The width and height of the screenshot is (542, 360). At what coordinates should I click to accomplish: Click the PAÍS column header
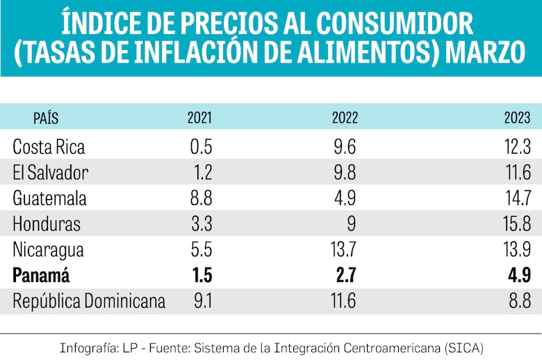[x=46, y=117]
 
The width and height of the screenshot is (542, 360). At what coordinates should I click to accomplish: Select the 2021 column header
[x=199, y=117]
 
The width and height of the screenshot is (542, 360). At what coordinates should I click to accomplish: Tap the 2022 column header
[x=345, y=117]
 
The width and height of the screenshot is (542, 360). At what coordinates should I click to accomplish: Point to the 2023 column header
[x=518, y=117]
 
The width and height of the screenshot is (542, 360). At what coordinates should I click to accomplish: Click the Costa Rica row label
[x=49, y=147]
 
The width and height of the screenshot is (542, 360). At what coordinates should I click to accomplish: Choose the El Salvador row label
[x=51, y=172]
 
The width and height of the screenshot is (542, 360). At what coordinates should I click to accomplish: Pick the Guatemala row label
[x=49, y=198]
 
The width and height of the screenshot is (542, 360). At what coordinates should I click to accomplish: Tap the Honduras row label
[x=47, y=224]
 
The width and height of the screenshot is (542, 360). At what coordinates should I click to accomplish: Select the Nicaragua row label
[x=49, y=249]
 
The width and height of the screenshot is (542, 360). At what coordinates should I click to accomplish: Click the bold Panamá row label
[x=41, y=275]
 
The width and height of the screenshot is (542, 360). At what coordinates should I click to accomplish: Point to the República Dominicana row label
[x=89, y=301]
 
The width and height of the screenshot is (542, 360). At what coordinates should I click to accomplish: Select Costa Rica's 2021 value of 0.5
[x=199, y=147]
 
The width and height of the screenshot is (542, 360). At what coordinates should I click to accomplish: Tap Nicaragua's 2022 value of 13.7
[x=344, y=249]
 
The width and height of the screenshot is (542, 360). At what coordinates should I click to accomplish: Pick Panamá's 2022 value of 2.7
[x=345, y=275]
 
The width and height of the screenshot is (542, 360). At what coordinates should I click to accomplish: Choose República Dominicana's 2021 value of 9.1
[x=200, y=301]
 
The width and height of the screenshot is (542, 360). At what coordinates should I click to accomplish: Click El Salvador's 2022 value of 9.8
[x=345, y=172]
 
